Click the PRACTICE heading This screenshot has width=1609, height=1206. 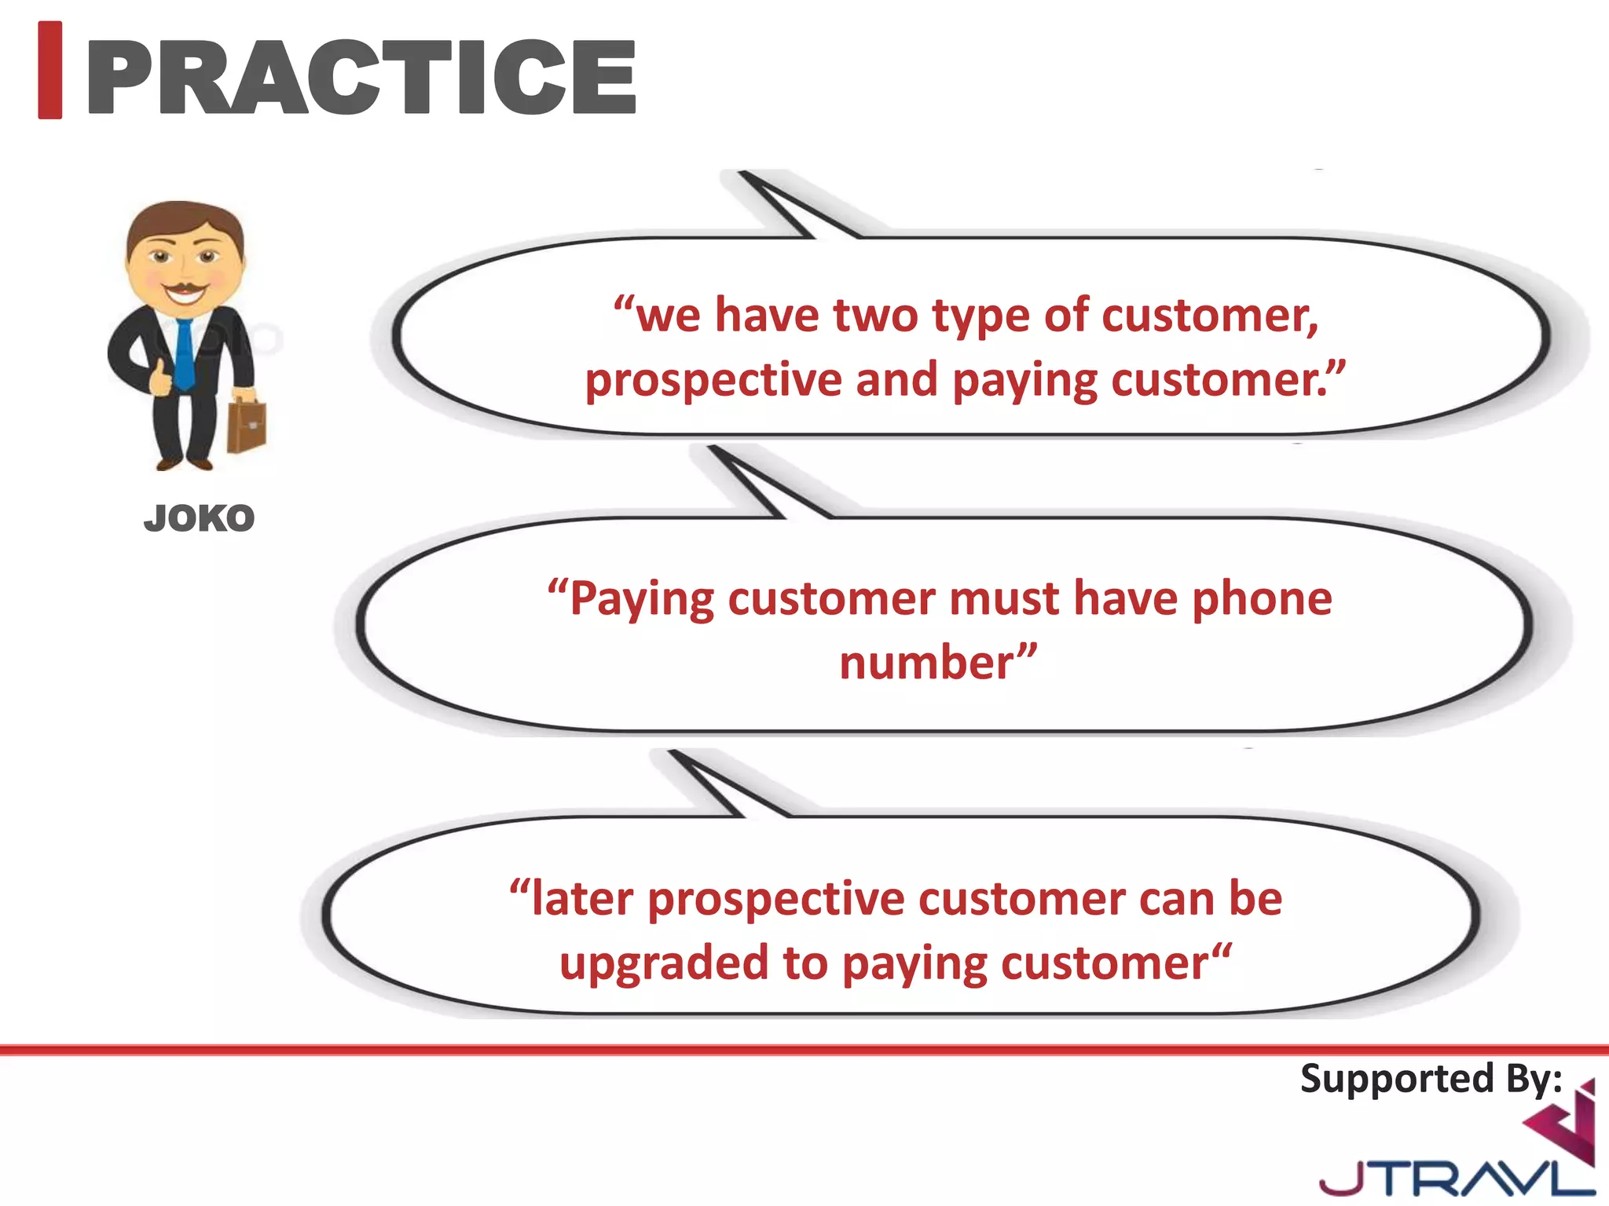pyautogui.click(x=361, y=77)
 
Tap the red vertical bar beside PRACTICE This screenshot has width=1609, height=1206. pyautogui.click(x=50, y=71)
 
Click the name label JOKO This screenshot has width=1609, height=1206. pyautogui.click(x=200, y=519)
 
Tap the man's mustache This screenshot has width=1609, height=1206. pyautogui.click(x=185, y=285)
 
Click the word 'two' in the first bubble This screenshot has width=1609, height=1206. pyautogui.click(x=875, y=316)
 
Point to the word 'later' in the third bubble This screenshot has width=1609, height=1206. pyautogui.click(x=582, y=899)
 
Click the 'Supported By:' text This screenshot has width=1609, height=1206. pyautogui.click(x=1431, y=1079)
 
